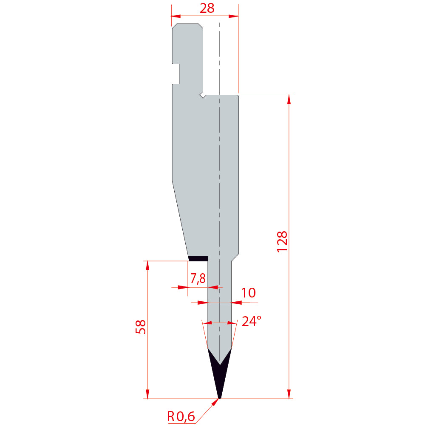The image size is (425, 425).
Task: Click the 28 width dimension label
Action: pyautogui.click(x=207, y=8)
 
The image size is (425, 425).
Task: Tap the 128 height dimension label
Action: pyautogui.click(x=282, y=241)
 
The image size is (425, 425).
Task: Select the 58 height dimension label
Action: pyautogui.click(x=140, y=327)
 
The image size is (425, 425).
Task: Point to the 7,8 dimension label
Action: pyautogui.click(x=198, y=278)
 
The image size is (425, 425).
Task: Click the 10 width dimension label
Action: pyautogui.click(x=248, y=293)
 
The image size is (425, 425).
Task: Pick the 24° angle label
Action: pyautogui.click(x=252, y=321)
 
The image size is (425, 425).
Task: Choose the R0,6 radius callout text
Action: pyautogui.click(x=181, y=416)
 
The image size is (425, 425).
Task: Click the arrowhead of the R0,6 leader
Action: pyautogui.click(x=215, y=402)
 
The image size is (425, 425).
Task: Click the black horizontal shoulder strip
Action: pyautogui.click(x=198, y=258)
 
